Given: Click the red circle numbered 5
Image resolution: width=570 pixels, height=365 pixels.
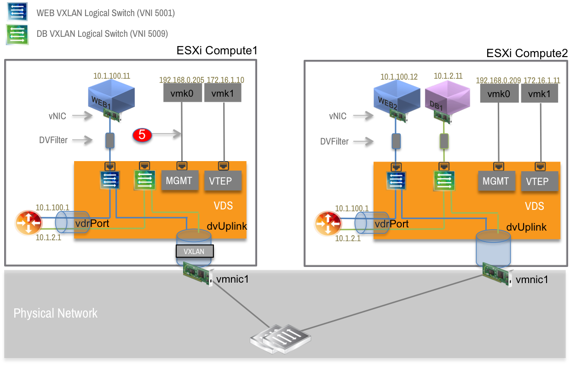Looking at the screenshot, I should pyautogui.click(x=142, y=134).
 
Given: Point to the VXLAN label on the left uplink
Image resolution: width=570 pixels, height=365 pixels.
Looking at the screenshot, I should pyautogui.click(x=194, y=251).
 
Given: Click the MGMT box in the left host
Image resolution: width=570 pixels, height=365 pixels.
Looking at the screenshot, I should pyautogui.click(x=178, y=180).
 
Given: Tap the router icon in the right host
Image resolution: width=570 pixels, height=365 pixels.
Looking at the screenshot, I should pyautogui.click(x=328, y=224).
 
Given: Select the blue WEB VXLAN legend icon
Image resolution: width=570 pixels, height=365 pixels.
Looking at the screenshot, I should pyautogui.click(x=17, y=11).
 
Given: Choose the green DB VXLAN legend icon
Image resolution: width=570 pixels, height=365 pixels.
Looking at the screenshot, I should pyautogui.click(x=17, y=35).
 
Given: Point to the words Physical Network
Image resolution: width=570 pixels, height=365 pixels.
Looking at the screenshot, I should pyautogui.click(x=55, y=313).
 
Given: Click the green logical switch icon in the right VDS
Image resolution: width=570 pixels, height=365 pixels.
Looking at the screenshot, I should pyautogui.click(x=443, y=181).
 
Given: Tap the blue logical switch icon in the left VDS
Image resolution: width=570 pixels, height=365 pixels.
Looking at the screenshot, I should pyautogui.click(x=109, y=180).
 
